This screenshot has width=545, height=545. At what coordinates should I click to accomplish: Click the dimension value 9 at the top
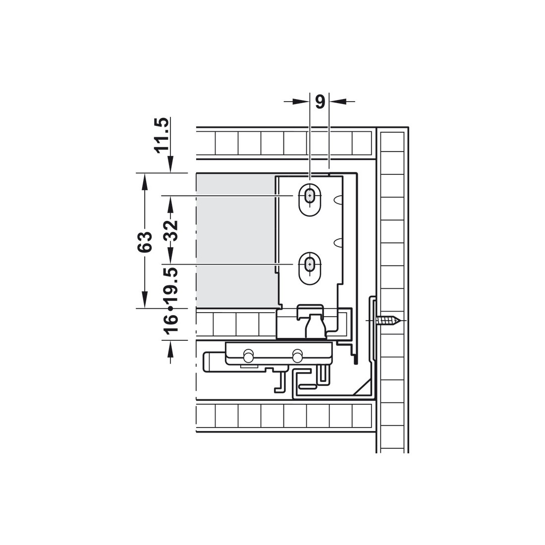[x=320, y=102]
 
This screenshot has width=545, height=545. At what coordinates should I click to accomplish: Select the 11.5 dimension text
[x=163, y=135]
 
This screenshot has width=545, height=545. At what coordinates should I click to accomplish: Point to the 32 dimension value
[x=170, y=230]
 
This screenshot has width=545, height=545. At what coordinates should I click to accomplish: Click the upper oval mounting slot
[x=309, y=200]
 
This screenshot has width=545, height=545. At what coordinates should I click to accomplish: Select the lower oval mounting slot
[x=309, y=269]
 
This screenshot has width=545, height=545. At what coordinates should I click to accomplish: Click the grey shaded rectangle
[x=236, y=240]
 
